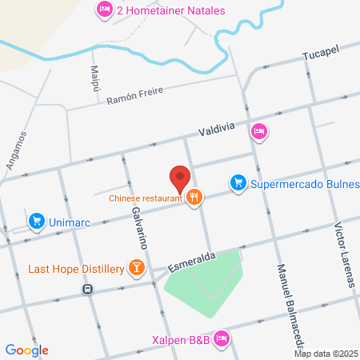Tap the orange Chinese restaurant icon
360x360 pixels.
(x=193, y=198)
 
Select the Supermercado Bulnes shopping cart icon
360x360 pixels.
(x=238, y=183)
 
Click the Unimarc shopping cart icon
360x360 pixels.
(x=35, y=220)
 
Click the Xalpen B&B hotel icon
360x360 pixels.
(x=222, y=340)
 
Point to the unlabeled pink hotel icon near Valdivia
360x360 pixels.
(x=258, y=130)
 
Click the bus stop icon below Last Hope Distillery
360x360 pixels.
(x=87, y=289)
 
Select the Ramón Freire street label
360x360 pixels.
(x=134, y=95)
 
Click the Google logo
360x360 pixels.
(x=27, y=350)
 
